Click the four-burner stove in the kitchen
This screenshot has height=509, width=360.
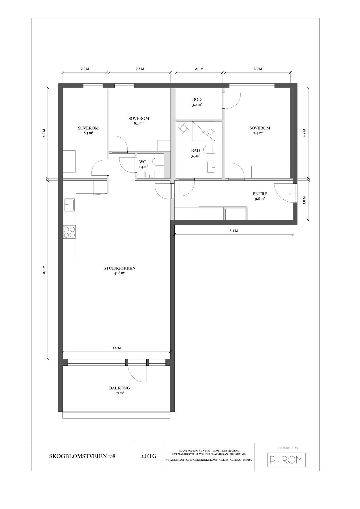[69, 232]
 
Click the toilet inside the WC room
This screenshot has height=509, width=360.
[158, 162]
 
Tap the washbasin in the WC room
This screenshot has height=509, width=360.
[150, 174]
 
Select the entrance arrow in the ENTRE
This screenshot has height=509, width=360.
[292, 193]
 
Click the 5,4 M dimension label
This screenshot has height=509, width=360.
[233, 231]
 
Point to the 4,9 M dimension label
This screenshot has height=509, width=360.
[117, 348]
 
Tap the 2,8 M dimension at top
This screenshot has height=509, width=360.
[140, 69]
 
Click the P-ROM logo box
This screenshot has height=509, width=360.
[287, 460]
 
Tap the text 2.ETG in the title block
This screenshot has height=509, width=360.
[149, 456]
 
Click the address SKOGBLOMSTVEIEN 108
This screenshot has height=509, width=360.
[82, 456]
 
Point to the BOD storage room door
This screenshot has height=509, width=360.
[232, 101]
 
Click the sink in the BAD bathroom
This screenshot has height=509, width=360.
[211, 167]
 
